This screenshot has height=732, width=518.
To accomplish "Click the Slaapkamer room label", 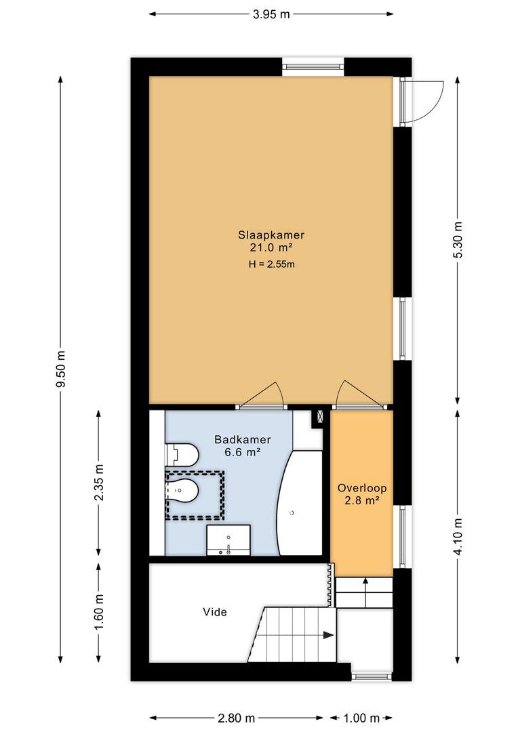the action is pyautogui.click(x=271, y=235).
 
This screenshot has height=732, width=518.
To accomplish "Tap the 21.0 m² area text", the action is pyautogui.click(x=271, y=247).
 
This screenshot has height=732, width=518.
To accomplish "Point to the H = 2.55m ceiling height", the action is pyautogui.click(x=271, y=264).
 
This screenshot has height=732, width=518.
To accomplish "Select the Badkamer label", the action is pyautogui.click(x=243, y=439).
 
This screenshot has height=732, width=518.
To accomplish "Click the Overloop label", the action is pyautogui.click(x=362, y=488).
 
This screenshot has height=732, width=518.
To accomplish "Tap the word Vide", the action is pyautogui.click(x=215, y=611).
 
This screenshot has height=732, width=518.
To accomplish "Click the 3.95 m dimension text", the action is pyautogui.click(x=271, y=14).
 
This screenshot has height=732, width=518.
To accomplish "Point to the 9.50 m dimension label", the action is pyautogui.click(x=61, y=368).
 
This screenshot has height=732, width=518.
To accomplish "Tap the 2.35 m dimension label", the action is pyautogui.click(x=98, y=483).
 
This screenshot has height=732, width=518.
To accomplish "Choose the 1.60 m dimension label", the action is pyautogui.click(x=98, y=611).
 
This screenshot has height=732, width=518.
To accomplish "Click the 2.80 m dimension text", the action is pyautogui.click(x=237, y=718).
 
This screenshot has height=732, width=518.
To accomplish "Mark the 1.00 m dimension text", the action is pyautogui.click(x=361, y=718).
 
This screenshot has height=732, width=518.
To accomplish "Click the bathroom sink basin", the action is pyautogui.click(x=228, y=540).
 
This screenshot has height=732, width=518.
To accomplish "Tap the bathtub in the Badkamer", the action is pyautogui.click(x=300, y=503).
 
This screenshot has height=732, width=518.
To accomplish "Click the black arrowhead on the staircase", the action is pyautogui.click(x=329, y=635).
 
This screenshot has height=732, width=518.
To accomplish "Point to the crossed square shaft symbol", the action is pyautogui.click(x=320, y=416).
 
